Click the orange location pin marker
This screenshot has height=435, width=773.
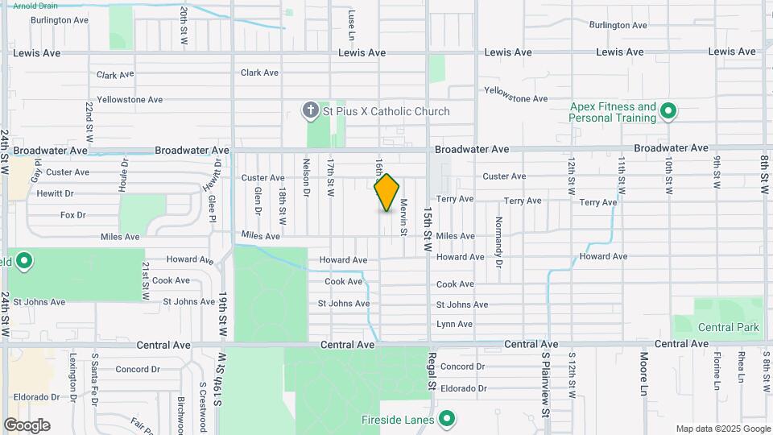(386, 193)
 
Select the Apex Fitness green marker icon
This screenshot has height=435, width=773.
(668, 111)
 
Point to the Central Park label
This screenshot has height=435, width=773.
(729, 327)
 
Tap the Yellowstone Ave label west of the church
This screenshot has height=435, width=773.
(130, 100)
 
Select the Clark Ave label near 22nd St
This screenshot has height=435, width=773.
(114, 75)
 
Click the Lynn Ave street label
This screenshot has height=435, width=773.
(454, 324)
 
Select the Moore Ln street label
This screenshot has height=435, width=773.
(644, 367)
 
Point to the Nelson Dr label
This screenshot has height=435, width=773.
(307, 176)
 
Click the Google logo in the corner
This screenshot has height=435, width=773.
(27, 425)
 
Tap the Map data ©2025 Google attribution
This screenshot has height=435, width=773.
(722, 429)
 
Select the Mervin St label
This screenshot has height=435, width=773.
(404, 217)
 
